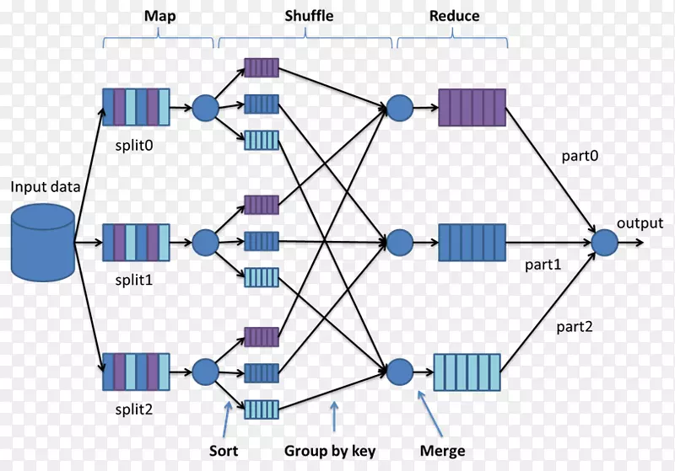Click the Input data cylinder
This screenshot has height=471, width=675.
[x=43, y=244]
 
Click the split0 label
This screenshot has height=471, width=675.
[x=135, y=144]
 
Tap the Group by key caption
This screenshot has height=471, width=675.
[x=330, y=452]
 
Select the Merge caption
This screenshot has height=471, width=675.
[x=443, y=452]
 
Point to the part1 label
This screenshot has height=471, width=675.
[x=543, y=265]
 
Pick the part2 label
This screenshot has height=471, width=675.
[x=576, y=327]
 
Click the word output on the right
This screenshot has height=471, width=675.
[x=640, y=223]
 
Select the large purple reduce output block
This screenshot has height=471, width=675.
[x=472, y=108]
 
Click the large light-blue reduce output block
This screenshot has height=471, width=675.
[x=467, y=370]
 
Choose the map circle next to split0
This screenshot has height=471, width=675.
[x=205, y=108]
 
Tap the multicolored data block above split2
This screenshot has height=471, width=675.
[x=136, y=371]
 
